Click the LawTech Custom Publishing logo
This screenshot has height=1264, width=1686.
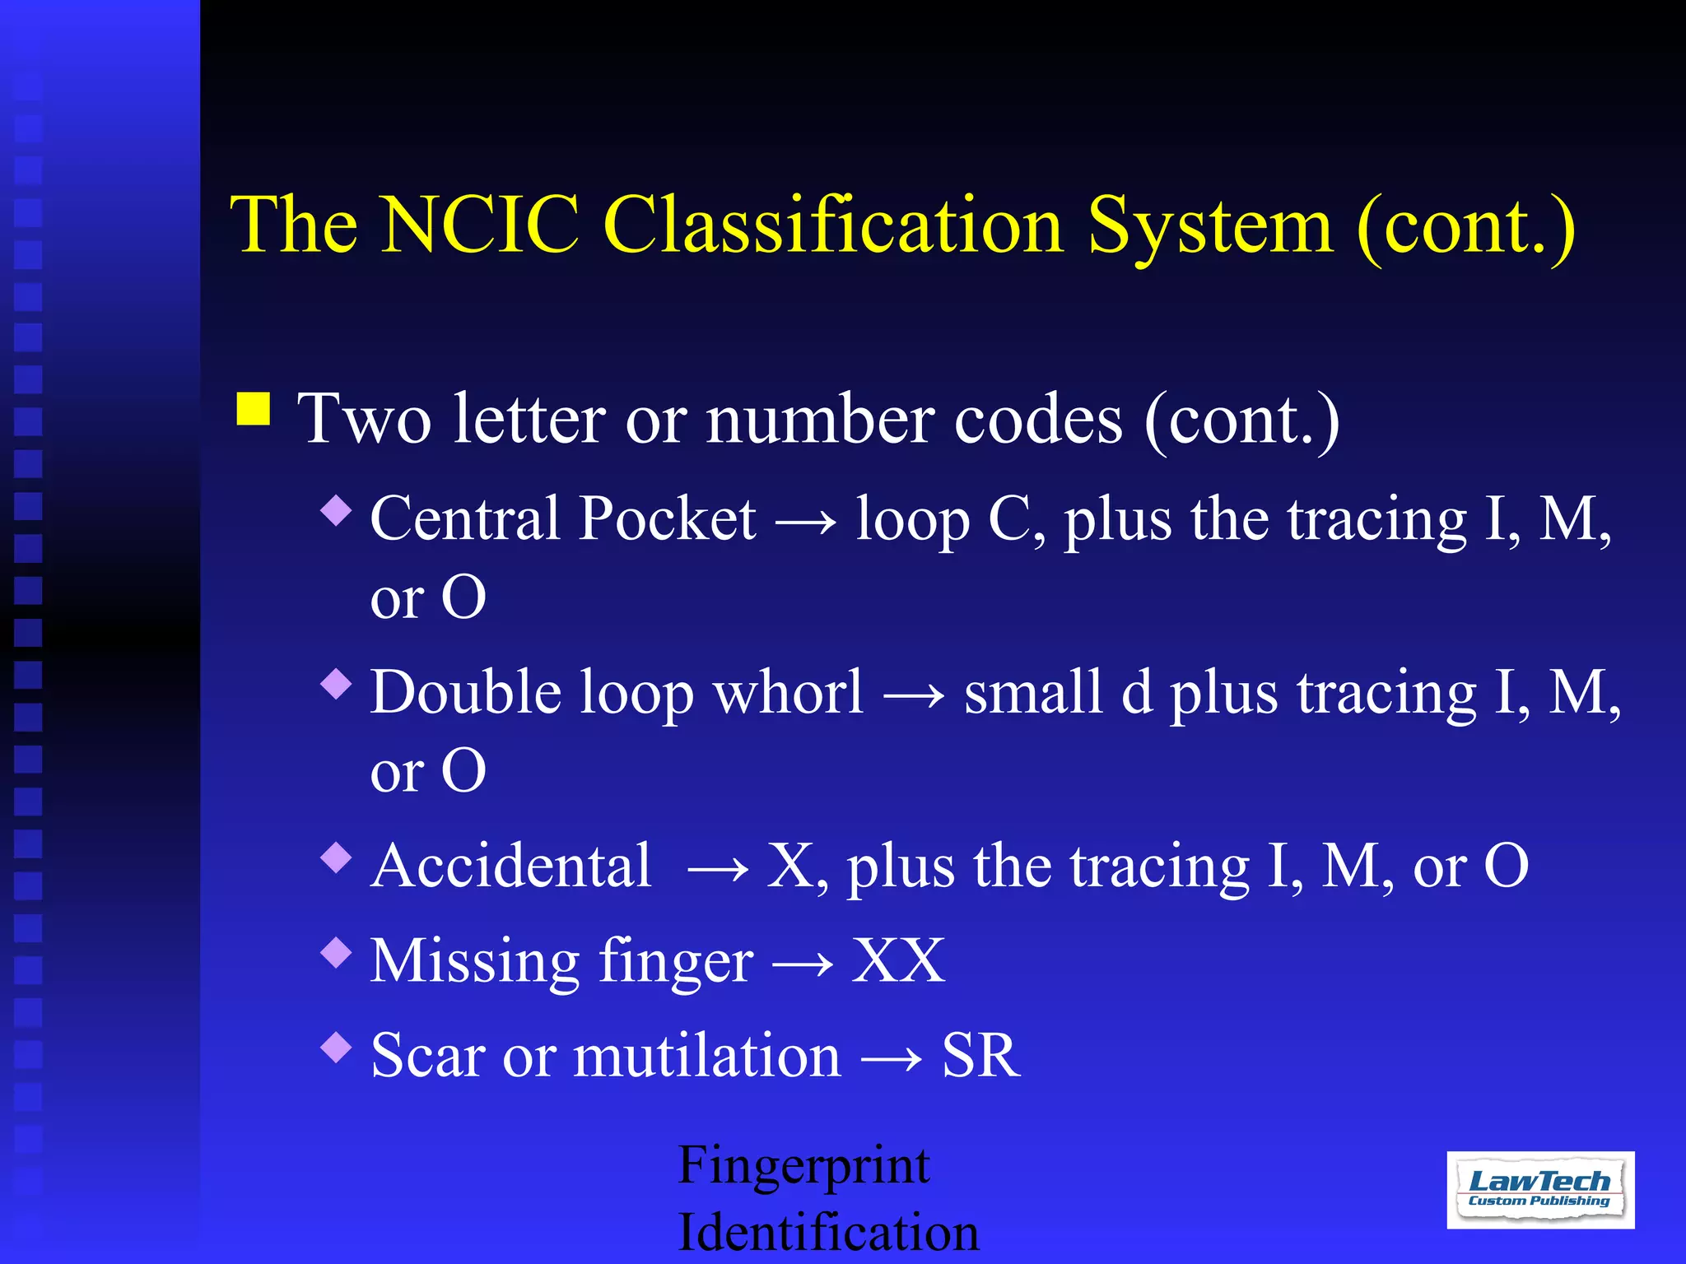pos(1540,1189)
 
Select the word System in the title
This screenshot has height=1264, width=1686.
pos(1209,226)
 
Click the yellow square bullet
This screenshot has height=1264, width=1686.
pos(254,408)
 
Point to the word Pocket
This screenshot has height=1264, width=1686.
pos(668,519)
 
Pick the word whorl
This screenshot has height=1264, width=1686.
pos(789,692)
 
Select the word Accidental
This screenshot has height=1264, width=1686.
pos(511,866)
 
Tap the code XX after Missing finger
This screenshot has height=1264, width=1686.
pos(898,960)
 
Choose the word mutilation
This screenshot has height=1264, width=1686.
pos(707,1055)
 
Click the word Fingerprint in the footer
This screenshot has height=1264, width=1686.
pos(803,1166)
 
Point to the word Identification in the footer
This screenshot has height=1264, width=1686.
pos(828,1233)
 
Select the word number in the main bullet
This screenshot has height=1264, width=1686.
pos(820,420)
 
